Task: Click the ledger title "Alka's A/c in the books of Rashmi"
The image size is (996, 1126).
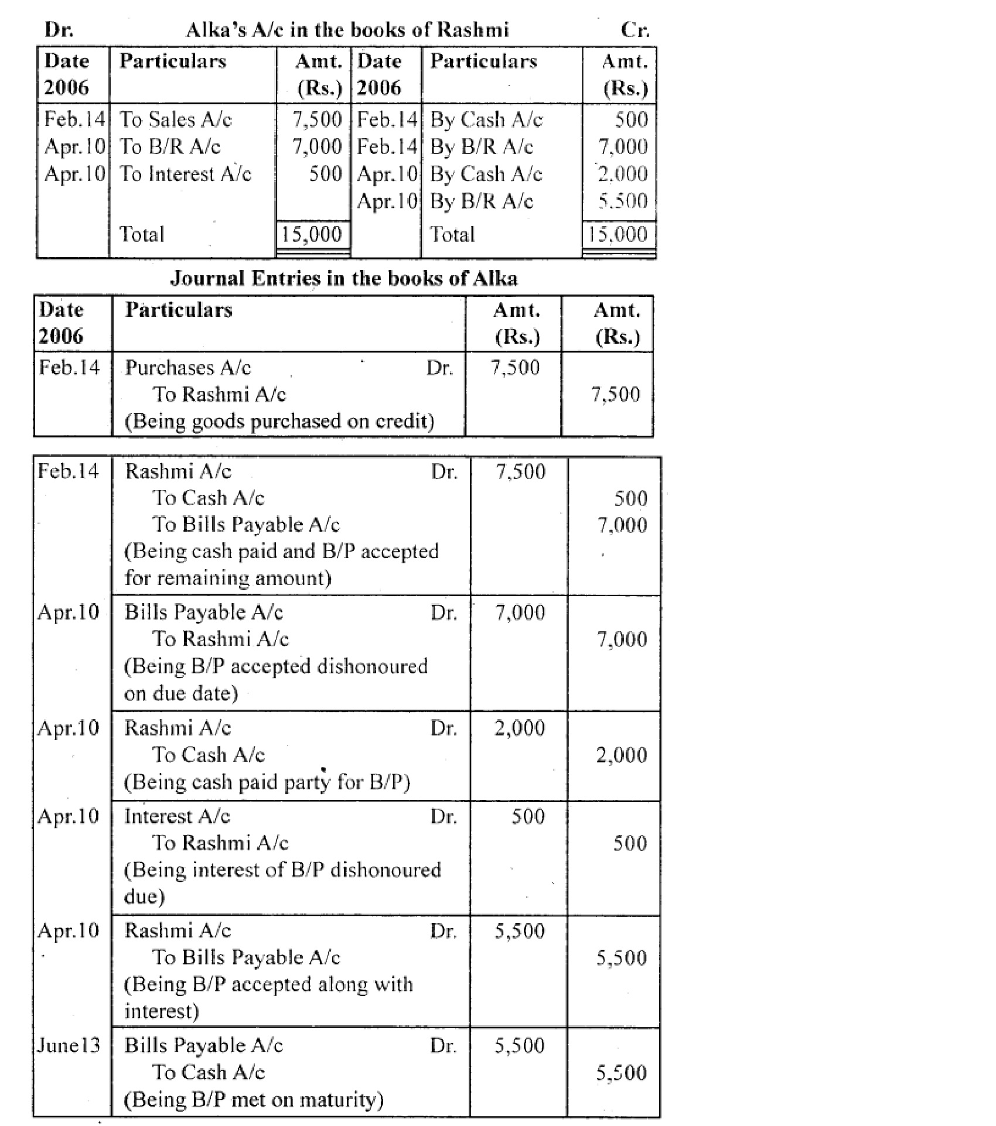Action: tap(347, 29)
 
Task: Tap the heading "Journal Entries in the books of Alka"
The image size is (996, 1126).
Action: tap(344, 278)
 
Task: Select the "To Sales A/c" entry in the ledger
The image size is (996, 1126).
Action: tap(176, 119)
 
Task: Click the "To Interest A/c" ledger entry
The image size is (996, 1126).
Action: tap(185, 174)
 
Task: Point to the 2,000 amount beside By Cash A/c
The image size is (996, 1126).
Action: tap(622, 174)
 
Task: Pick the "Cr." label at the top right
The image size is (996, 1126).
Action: tap(635, 29)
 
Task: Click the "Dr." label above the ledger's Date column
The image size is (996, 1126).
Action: tap(59, 29)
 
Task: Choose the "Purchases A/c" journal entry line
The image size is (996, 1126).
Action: tap(188, 368)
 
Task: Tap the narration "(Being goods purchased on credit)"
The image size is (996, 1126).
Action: tap(279, 422)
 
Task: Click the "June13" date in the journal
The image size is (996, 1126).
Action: tap(69, 1045)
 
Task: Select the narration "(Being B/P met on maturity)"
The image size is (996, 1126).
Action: tap(254, 1100)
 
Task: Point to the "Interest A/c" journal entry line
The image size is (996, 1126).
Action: tap(177, 816)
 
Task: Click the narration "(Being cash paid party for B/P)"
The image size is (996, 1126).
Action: tap(267, 782)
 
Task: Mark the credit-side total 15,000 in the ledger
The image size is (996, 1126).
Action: tap(618, 234)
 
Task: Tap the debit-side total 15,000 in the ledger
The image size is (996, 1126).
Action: tap(311, 234)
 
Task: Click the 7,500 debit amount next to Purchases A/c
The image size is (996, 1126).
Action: tap(515, 368)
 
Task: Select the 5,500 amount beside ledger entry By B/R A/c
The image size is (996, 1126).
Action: tap(622, 201)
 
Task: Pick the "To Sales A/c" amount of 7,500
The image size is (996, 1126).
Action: tap(317, 119)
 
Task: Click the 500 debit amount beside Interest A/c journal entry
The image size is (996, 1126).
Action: tap(528, 816)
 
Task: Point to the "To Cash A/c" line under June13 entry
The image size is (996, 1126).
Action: tap(209, 1072)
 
